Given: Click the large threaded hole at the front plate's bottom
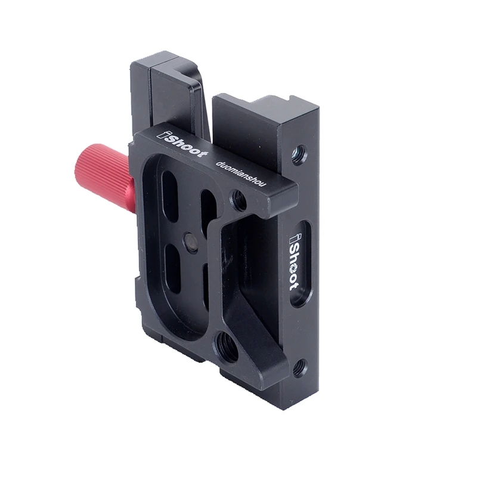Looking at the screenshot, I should click(225, 345).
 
